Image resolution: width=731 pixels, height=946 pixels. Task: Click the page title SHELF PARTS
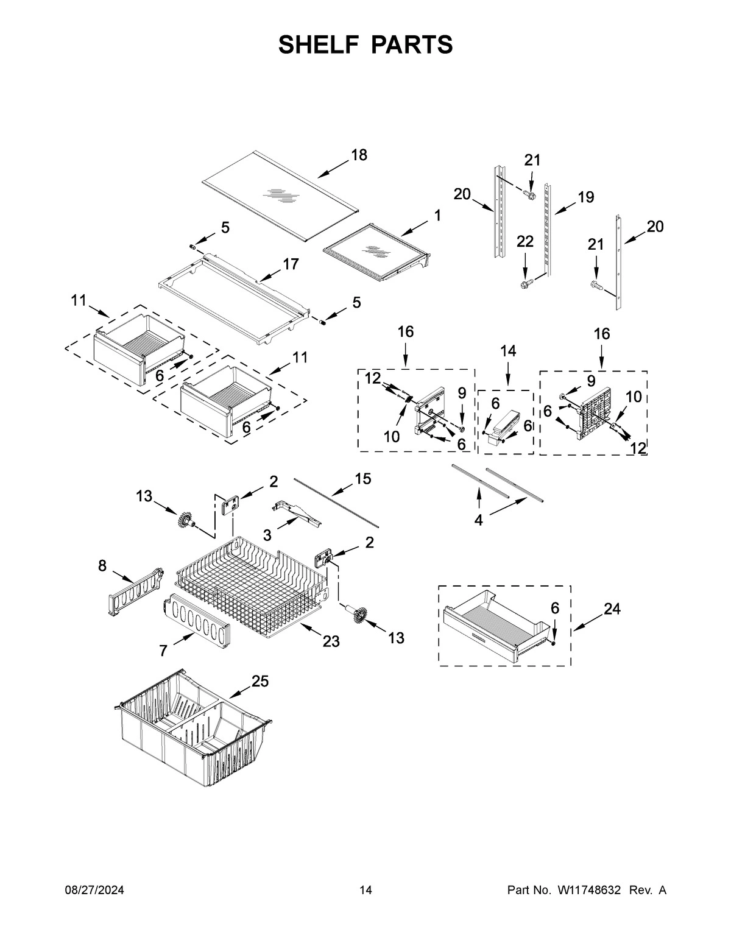365,44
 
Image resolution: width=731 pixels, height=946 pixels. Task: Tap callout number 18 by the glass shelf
359,155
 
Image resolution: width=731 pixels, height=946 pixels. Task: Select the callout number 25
260,682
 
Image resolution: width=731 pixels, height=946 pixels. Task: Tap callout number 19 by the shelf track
585,197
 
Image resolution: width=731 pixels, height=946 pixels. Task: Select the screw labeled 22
526,284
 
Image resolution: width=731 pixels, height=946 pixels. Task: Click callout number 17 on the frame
291,264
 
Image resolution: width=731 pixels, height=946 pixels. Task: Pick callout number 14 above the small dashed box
508,351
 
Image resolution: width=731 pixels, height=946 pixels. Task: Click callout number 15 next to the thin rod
362,479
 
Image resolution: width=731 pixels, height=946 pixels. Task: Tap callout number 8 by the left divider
102,566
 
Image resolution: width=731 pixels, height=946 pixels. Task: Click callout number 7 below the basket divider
163,651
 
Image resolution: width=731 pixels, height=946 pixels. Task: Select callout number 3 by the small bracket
267,535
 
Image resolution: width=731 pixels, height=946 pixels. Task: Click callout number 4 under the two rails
478,520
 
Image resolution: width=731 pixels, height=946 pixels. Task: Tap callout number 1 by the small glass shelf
437,215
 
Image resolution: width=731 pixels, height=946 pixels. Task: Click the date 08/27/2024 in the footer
94,891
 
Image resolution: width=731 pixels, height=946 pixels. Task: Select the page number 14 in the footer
365,891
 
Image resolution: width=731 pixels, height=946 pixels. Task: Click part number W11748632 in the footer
588,891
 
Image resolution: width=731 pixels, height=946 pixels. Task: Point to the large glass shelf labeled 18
277,183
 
